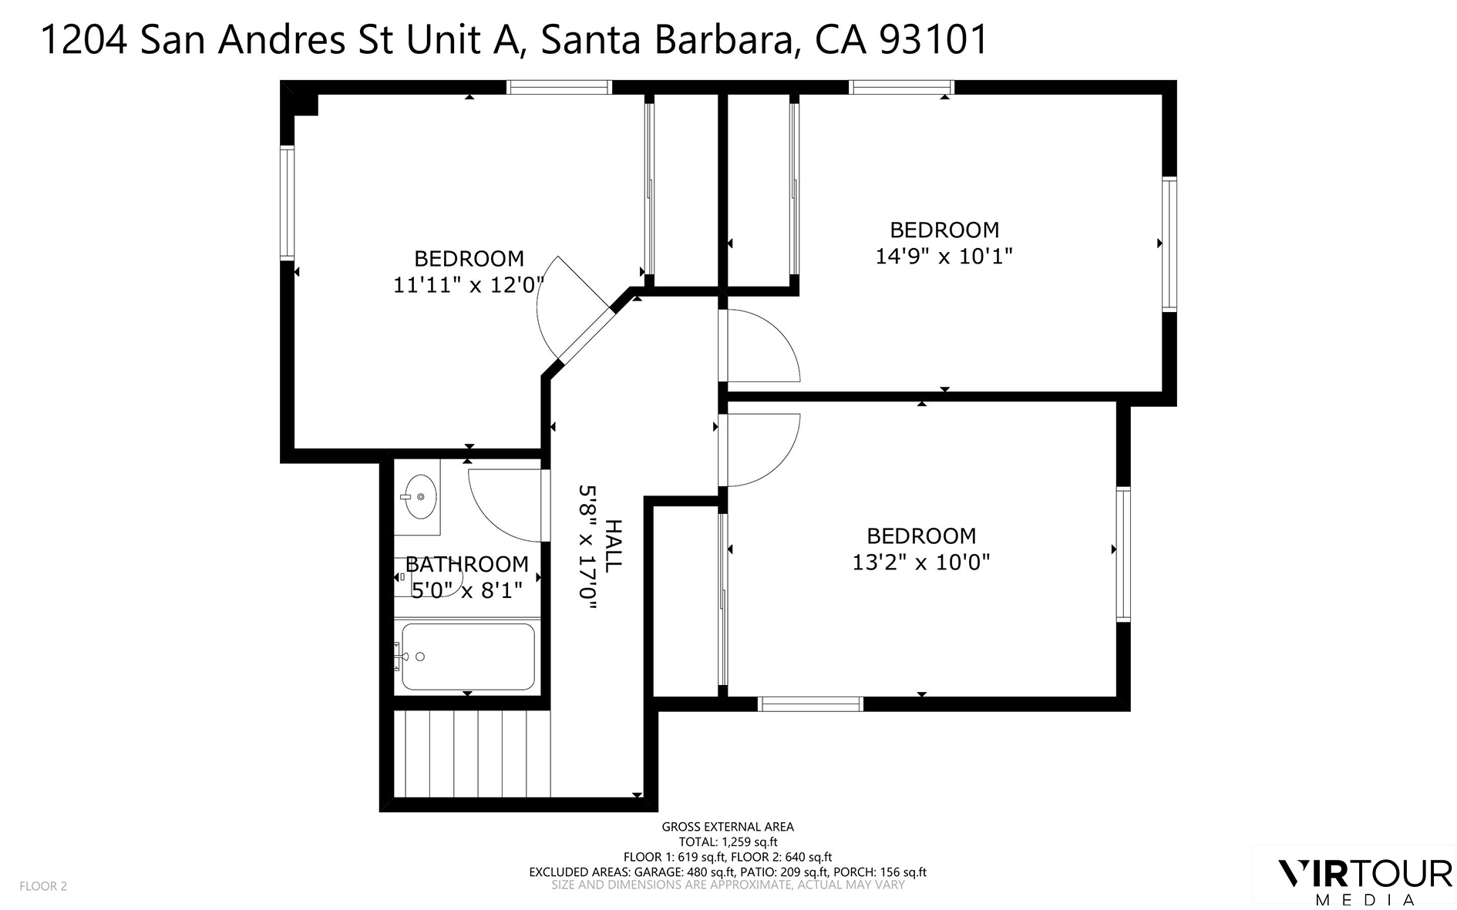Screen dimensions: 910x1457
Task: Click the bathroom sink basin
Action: click(419, 497)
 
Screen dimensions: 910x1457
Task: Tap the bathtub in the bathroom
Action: click(467, 656)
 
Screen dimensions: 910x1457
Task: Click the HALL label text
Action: click(612, 546)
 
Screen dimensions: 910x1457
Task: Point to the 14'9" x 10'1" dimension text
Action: click(944, 256)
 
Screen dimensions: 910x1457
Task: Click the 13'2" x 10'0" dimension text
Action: click(920, 562)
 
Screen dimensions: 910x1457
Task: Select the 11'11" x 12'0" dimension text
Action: click(469, 285)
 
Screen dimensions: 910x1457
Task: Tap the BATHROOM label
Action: click(467, 565)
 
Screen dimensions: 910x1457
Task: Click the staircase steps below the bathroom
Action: click(471, 753)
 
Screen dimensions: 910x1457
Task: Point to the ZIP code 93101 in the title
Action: click(934, 40)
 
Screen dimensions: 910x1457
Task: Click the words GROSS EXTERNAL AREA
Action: click(727, 827)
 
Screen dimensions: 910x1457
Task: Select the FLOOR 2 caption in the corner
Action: click(43, 886)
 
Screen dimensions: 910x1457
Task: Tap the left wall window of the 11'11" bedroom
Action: click(288, 203)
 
